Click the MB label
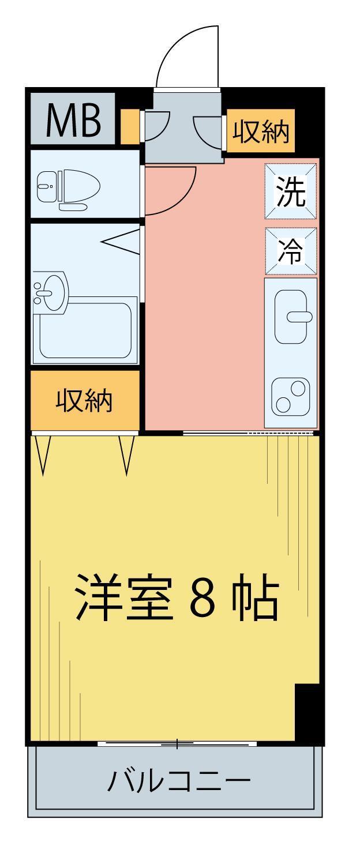73,121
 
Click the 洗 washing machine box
290,191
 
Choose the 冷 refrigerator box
290,251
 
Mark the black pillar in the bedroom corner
306,713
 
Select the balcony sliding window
177,744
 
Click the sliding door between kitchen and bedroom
248,432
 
